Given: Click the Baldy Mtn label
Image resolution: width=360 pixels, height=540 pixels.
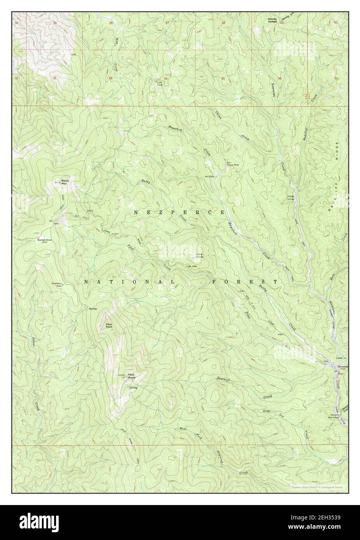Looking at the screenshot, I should pos(64,183).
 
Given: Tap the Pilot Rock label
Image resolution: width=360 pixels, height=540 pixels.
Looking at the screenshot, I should pos(109,326).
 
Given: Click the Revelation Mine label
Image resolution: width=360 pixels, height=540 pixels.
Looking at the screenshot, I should pos(57,284).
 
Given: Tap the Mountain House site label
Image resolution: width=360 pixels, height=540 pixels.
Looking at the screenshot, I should pos(44,240).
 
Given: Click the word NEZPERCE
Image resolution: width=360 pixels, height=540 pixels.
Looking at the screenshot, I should pos(179,213).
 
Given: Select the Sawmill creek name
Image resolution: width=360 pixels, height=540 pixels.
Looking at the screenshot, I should pos(224,377).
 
